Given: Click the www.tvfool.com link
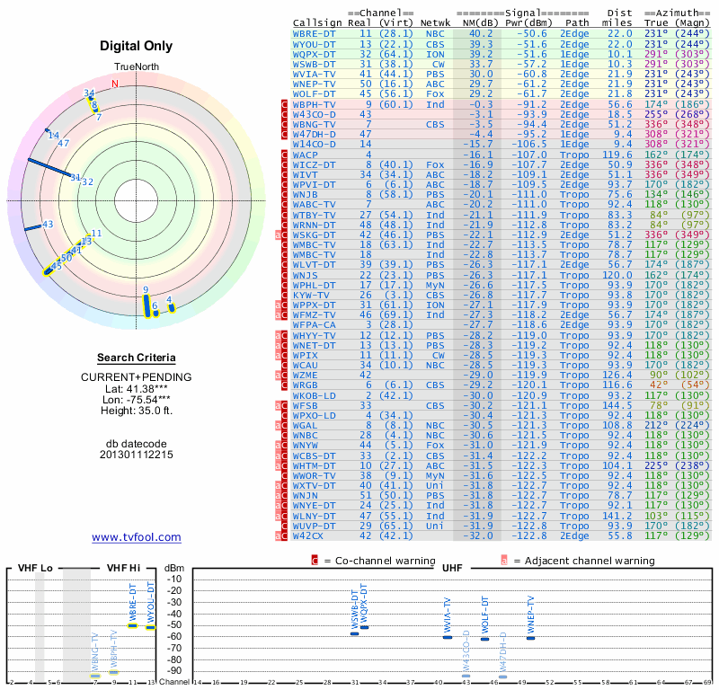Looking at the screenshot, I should tap(136, 537).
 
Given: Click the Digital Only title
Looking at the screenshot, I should tap(136, 46).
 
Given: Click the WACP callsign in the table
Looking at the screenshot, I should tap(307, 155).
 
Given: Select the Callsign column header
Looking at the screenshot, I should tap(317, 22).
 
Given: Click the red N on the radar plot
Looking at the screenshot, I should tap(114, 84).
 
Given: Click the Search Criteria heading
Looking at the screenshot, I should tap(136, 358).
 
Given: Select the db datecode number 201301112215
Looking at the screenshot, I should tap(136, 455).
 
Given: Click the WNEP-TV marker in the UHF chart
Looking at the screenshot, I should tap(530, 637).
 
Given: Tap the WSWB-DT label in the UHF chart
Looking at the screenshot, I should tap(355, 610).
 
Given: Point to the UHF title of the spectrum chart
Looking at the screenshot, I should tap(453, 569).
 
